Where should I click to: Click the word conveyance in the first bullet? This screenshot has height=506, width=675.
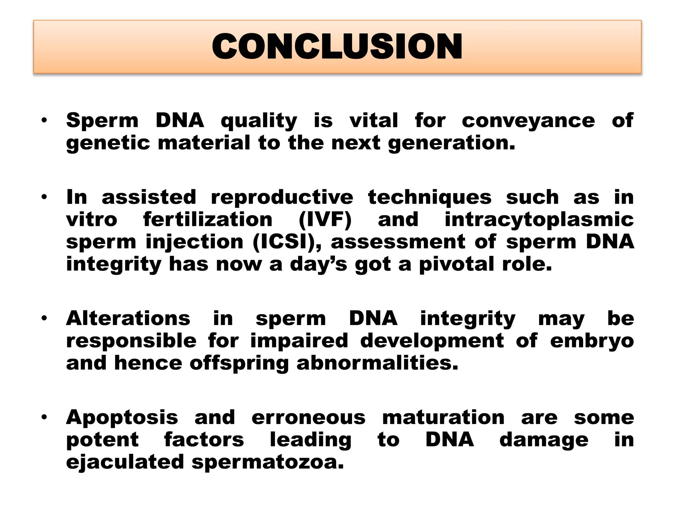pos(528,121)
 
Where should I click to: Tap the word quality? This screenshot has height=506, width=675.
pos(259,121)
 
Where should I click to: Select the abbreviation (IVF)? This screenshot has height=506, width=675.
pos(325,220)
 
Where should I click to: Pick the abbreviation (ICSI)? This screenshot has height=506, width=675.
pos(289,242)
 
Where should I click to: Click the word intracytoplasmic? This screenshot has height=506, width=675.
pos(539,220)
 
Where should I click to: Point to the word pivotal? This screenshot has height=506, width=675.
pos(457,264)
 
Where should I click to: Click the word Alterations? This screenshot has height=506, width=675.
pos(128,319)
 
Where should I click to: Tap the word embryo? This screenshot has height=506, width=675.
pos(592,341)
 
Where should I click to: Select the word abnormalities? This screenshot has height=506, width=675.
pos(377,363)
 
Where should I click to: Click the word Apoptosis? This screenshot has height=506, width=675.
pos(122,418)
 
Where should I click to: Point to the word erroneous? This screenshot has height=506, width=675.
pos(308,418)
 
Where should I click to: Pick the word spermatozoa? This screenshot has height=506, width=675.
pos(268,462)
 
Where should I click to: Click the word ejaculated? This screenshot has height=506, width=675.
pos(125,462)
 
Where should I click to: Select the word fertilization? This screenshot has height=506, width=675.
pos(208,220)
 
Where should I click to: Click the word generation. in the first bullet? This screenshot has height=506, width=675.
pos(451,143)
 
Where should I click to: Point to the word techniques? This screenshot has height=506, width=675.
pos(429,198)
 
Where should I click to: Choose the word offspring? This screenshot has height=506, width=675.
pos(239,363)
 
